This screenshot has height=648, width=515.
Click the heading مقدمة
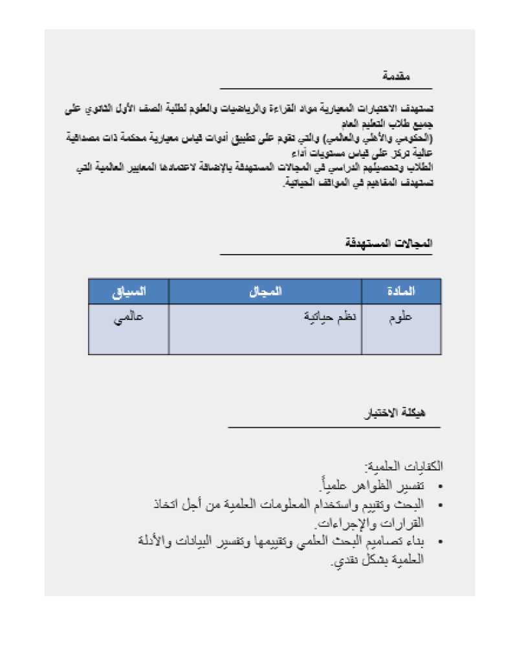click(397, 76)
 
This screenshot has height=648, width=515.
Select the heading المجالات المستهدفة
click(389, 243)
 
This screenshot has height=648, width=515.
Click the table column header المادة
click(401, 292)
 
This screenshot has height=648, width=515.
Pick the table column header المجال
click(265, 292)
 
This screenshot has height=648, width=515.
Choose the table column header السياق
click(128, 292)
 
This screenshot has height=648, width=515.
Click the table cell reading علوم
click(401, 317)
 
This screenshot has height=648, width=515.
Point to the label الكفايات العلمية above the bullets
click(403, 465)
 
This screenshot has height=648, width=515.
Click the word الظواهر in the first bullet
click(376, 485)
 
